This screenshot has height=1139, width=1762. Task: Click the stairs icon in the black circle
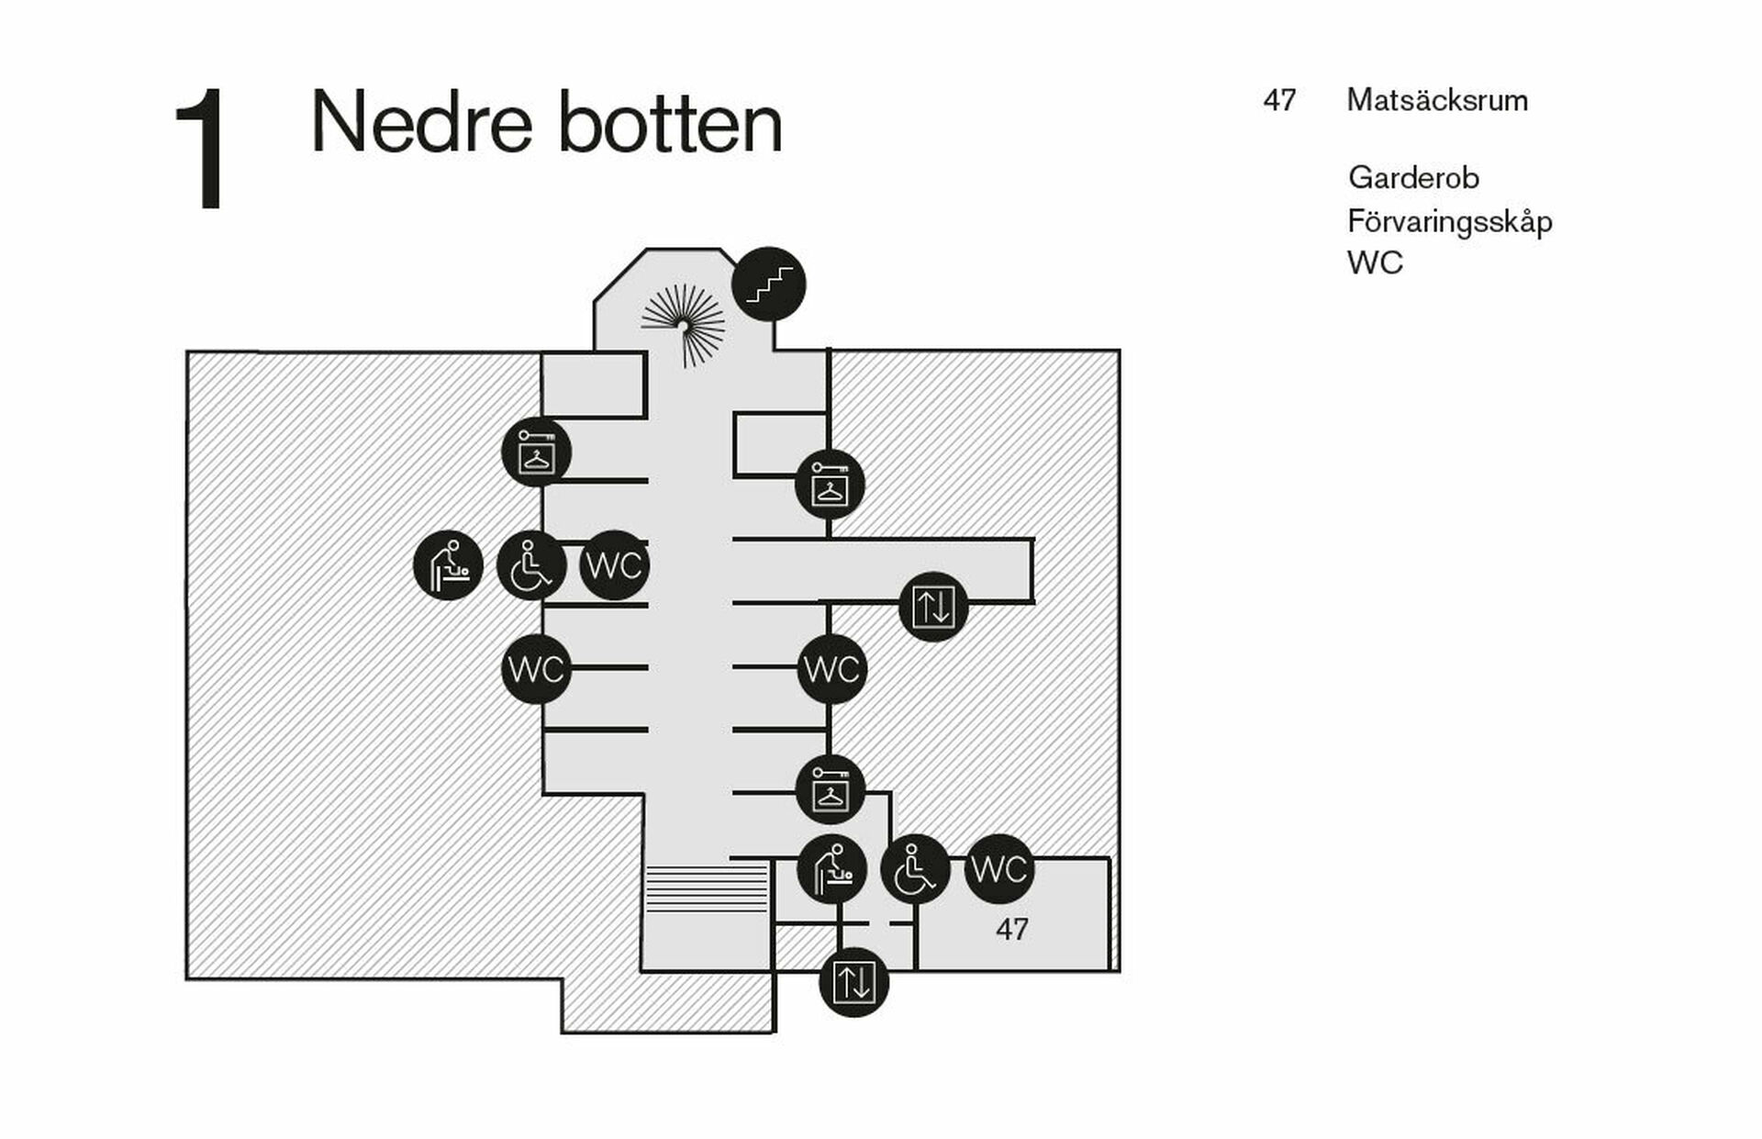[x=768, y=285]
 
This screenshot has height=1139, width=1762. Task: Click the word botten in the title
[x=671, y=123]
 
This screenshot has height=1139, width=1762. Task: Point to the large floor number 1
[x=200, y=149]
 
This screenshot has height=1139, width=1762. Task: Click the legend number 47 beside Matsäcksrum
[x=1279, y=100]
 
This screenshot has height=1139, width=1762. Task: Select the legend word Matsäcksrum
[x=1437, y=100]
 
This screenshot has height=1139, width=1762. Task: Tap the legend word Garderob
[x=1413, y=177]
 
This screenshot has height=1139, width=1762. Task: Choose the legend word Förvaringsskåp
[x=1449, y=221]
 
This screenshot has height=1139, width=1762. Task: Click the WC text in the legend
[x=1375, y=263]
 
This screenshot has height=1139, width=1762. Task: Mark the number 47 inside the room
[x=1011, y=930]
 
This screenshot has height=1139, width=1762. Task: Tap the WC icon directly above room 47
[x=998, y=868]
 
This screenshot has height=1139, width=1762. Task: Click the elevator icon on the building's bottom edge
[x=853, y=982]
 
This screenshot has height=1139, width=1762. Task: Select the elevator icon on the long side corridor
[x=933, y=607]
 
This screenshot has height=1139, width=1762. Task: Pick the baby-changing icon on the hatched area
[x=448, y=565]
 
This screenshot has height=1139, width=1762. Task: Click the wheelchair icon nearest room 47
[x=915, y=868]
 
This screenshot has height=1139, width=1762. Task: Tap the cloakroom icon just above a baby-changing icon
[x=831, y=789]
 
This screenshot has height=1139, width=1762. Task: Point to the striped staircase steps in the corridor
[x=706, y=888]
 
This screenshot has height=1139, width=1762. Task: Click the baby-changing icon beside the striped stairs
[x=831, y=868]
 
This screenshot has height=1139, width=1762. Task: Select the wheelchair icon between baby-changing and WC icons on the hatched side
[x=531, y=565]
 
